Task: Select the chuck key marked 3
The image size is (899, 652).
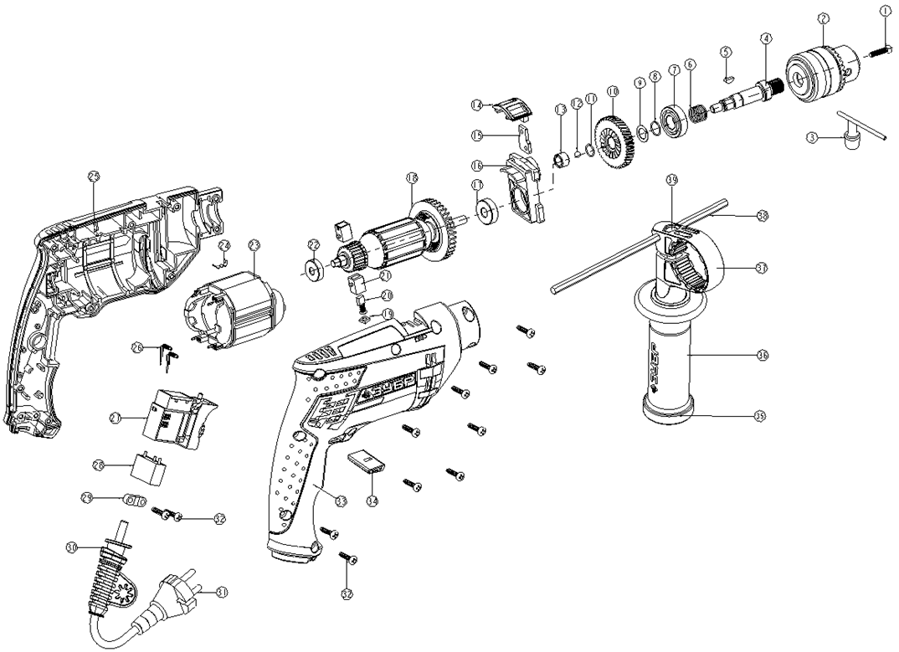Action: tap(853, 134)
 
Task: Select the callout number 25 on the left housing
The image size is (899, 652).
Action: tap(93, 176)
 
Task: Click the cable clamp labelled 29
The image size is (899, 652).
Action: tap(133, 500)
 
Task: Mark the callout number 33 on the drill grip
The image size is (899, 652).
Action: tap(340, 501)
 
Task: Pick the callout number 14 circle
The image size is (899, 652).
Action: tap(476, 105)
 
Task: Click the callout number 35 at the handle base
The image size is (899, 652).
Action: tap(760, 414)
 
